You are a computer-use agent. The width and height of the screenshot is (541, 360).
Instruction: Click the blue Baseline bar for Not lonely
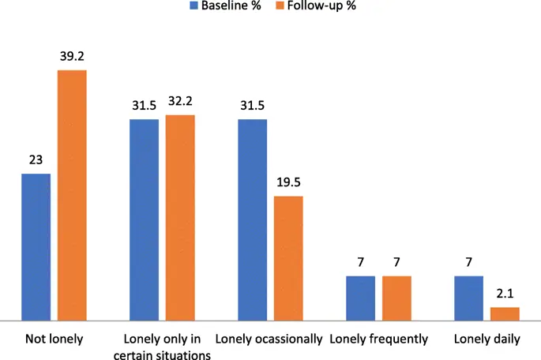[36, 247]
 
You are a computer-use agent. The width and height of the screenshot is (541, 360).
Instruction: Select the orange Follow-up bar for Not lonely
[72, 195]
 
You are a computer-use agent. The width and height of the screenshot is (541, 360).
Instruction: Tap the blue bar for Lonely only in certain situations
[145, 219]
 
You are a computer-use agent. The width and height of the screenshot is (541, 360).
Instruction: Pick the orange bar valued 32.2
[180, 218]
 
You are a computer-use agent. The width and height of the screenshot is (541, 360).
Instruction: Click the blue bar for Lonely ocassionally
[252, 219]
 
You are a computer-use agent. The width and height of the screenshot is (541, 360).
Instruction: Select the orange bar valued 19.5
[288, 258]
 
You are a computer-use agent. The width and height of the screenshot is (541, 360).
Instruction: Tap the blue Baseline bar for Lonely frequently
[360, 298]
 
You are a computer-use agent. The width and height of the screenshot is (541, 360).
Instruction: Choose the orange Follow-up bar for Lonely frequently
[396, 298]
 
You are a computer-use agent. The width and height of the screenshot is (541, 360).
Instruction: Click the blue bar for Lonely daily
[468, 298]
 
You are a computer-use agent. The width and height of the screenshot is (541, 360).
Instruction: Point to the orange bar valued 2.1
[505, 313]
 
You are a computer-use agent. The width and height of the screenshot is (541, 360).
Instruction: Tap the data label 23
[36, 161]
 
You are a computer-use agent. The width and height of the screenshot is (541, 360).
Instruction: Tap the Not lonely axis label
[54, 339]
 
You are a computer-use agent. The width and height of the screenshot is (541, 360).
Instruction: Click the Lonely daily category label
[487, 339]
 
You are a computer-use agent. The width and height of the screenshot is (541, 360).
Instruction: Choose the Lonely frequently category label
[378, 339]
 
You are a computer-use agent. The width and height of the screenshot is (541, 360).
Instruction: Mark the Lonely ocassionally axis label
[269, 339]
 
